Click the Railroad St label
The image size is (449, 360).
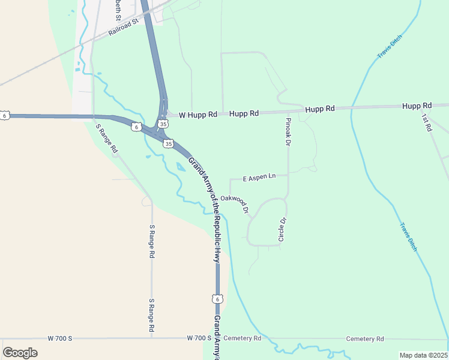[123, 27]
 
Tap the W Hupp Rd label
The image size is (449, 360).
[197, 114]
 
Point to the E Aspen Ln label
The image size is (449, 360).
[259, 178]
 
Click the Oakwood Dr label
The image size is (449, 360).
[234, 203]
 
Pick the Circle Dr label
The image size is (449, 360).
[282, 230]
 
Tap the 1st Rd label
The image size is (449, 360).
[426, 123]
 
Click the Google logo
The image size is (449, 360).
[20, 352]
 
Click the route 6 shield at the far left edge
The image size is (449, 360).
[4, 115]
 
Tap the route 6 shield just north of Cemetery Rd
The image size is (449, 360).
[217, 298]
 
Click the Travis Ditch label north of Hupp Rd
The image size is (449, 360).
[389, 47]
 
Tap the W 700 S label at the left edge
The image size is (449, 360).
[59, 339]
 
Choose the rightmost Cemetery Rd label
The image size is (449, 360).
[364, 339]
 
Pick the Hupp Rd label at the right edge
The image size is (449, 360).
[417, 106]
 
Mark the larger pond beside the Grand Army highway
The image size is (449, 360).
[181, 167]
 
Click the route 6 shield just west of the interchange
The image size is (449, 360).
[137, 127]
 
